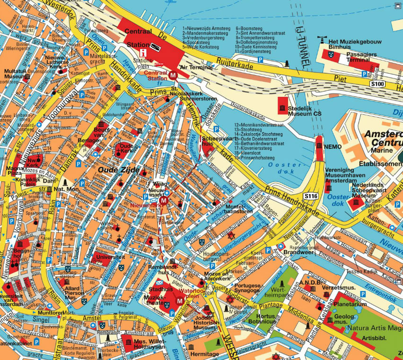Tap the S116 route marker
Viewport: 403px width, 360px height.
click(310, 196)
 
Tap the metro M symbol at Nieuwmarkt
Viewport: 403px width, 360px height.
click(163, 200)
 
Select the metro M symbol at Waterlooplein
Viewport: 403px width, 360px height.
click(179, 301)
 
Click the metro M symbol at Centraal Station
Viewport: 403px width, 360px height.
click(173, 75)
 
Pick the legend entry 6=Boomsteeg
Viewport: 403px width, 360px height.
click(250, 28)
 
